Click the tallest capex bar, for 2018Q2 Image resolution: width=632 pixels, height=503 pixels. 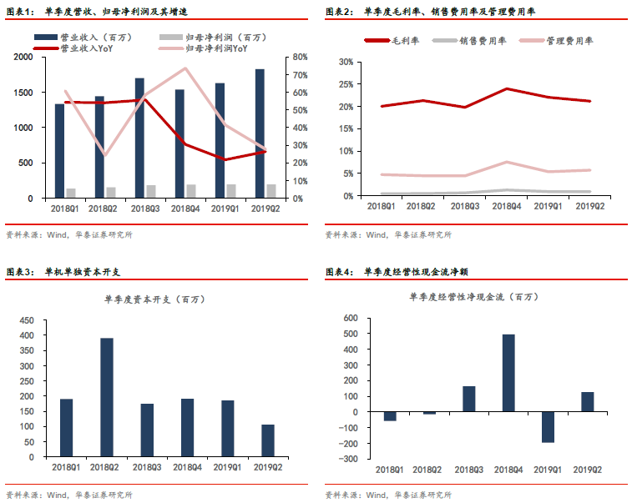click(x=107, y=398)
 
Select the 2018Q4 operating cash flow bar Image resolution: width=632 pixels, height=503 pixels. click(x=508, y=373)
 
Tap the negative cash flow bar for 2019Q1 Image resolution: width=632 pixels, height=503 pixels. click(x=549, y=427)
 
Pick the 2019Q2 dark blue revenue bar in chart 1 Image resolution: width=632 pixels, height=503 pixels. click(x=260, y=133)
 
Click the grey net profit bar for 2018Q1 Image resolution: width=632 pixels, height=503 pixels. click(x=71, y=193)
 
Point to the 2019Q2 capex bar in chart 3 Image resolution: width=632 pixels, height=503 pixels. click(x=268, y=441)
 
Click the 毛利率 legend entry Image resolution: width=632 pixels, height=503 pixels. click(x=392, y=41)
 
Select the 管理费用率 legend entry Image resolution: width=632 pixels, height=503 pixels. click(x=557, y=41)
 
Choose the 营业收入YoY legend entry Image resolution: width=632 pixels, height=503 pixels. click(x=73, y=48)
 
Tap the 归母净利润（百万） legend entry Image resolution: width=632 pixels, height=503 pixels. click(x=213, y=38)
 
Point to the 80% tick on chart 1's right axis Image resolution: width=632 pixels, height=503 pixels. click(x=301, y=57)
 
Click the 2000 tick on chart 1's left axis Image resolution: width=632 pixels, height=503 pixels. click(x=23, y=57)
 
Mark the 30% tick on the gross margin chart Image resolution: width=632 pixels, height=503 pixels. click(x=346, y=62)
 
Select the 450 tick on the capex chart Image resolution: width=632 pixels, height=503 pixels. click(x=27, y=320)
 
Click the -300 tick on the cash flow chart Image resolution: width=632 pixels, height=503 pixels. click(x=348, y=459)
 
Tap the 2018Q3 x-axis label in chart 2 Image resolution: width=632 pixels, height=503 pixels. click(x=465, y=206)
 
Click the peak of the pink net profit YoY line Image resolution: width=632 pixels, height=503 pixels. click(x=185, y=68)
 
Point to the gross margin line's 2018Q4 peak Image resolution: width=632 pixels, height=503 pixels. click(x=507, y=88)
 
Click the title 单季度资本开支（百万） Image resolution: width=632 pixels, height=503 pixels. click(x=155, y=299)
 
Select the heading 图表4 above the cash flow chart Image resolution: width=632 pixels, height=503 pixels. click(x=340, y=272)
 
